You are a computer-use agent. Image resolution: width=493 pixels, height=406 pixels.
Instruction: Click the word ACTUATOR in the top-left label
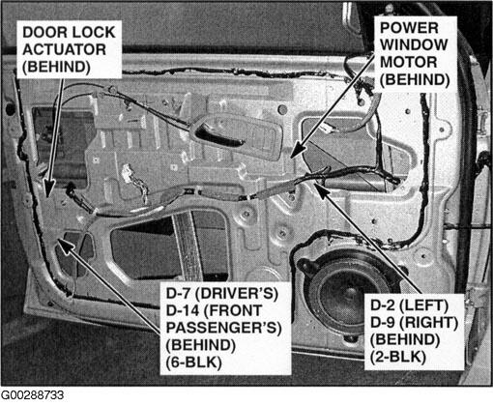[x=64, y=49]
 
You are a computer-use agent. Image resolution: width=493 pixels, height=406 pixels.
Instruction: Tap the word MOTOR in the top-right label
[x=408, y=62]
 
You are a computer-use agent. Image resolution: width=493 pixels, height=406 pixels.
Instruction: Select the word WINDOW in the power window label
[x=414, y=44]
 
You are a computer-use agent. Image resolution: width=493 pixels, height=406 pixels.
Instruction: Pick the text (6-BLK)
[x=194, y=362]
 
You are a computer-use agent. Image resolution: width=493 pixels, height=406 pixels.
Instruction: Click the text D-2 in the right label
[x=383, y=305]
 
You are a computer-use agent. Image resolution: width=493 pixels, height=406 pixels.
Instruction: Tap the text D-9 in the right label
[x=383, y=322]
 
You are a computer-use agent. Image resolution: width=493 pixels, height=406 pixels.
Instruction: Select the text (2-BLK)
[x=398, y=357]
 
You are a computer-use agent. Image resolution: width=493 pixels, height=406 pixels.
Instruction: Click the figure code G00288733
[x=33, y=395]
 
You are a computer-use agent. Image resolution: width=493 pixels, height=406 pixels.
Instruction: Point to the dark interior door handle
[x=219, y=136]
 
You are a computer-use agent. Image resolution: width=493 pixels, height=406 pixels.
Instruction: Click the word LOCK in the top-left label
[x=94, y=32]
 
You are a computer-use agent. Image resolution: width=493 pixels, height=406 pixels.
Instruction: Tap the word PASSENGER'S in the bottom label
[x=224, y=328]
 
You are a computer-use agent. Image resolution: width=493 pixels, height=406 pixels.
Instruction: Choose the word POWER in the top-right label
[x=409, y=28]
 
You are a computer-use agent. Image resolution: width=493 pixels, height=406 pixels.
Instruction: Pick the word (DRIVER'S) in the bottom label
[x=237, y=293]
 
